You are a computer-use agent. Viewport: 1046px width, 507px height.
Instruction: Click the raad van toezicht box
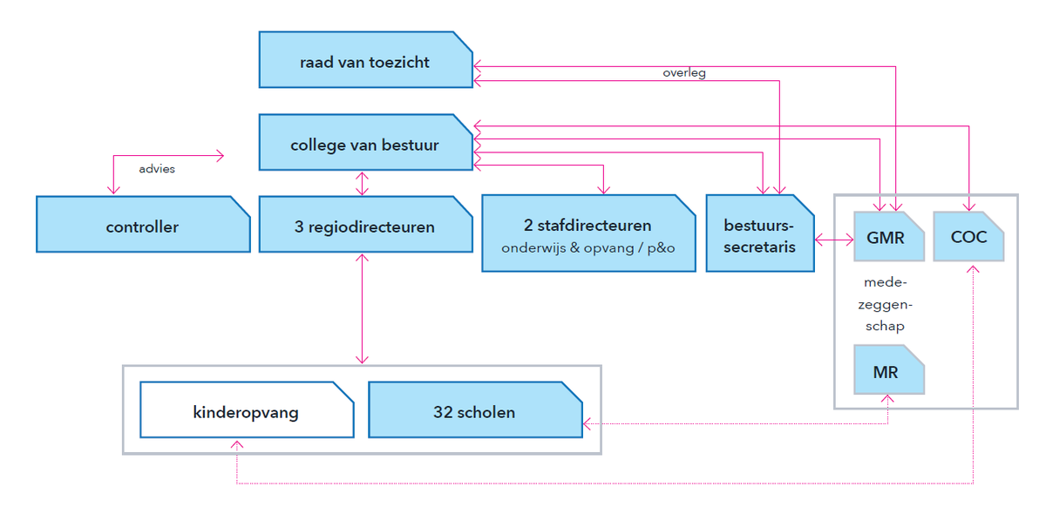365,60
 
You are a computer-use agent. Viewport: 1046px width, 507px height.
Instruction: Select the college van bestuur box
365,142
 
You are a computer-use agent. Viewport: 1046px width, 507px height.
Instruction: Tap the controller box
143,225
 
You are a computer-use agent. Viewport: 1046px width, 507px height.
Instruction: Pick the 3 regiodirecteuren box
365,225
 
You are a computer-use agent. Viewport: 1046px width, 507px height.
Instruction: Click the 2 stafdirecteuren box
588,233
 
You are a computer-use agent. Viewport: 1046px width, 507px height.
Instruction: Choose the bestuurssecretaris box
760,233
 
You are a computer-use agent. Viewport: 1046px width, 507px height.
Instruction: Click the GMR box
888,237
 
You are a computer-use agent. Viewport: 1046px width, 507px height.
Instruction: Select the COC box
968,237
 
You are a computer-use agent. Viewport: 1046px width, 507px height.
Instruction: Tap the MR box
888,369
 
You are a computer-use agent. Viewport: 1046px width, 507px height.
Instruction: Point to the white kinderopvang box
247,410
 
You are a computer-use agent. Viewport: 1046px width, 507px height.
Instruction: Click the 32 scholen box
475,410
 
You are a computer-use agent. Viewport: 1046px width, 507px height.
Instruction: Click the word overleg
684,73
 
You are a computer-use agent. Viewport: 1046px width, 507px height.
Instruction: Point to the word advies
157,168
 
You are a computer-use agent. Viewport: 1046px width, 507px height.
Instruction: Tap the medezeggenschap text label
885,304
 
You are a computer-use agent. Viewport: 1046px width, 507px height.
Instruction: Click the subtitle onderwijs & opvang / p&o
588,248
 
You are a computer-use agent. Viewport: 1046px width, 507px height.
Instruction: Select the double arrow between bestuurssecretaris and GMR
834,240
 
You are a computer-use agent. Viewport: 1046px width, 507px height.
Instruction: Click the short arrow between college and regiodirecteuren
362,184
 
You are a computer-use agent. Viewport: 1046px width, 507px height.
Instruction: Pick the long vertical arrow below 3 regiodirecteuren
362,308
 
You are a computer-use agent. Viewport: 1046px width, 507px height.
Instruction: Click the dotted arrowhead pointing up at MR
887,399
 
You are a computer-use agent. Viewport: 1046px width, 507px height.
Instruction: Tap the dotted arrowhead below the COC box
973,269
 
